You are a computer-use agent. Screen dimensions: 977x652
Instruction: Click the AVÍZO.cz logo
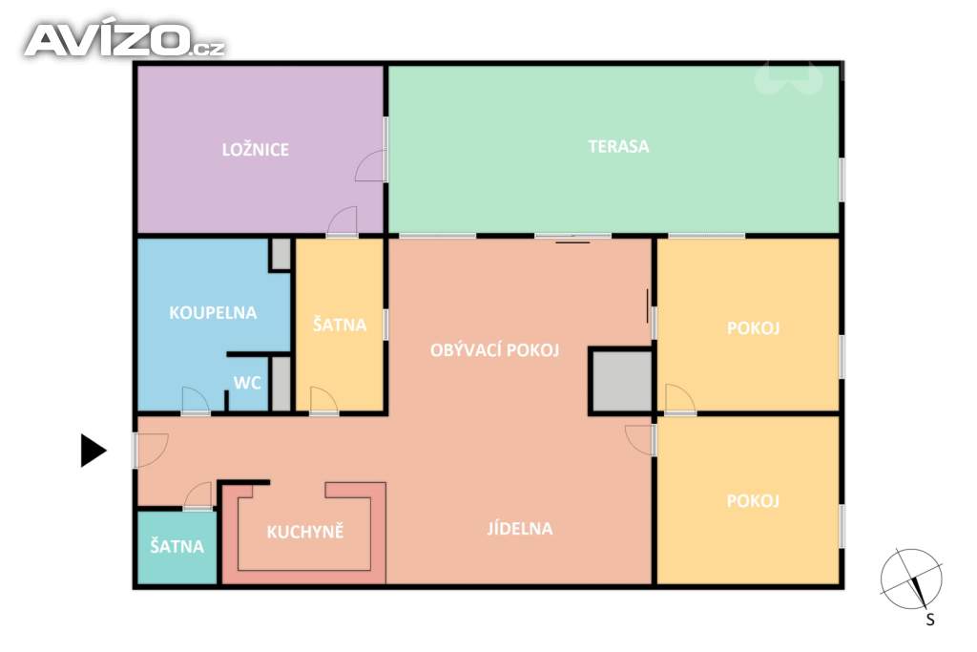point(125,40)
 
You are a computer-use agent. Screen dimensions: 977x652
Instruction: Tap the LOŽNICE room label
point(256,150)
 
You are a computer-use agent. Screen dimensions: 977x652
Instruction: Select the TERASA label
point(618,146)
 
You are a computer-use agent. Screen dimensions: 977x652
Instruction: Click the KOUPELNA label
point(213,312)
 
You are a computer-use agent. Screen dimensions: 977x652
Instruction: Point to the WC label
point(247,383)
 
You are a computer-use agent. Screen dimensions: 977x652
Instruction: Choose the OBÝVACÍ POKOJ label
point(495,350)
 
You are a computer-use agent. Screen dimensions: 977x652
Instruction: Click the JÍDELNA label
point(520,529)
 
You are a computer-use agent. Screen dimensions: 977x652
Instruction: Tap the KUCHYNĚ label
point(305,531)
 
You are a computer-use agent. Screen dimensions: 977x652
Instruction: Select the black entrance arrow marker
point(94,450)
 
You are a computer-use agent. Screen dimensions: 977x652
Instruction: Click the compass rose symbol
point(911,579)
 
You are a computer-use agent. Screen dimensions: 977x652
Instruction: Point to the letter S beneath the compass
point(930,620)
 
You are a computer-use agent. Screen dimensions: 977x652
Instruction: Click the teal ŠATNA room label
point(177,547)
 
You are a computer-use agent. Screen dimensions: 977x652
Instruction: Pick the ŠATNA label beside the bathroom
point(340,325)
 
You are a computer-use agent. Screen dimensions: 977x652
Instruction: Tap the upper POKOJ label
point(754,327)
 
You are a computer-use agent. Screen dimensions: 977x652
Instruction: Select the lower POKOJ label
point(754,500)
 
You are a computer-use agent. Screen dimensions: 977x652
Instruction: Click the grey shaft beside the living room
point(622,382)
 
